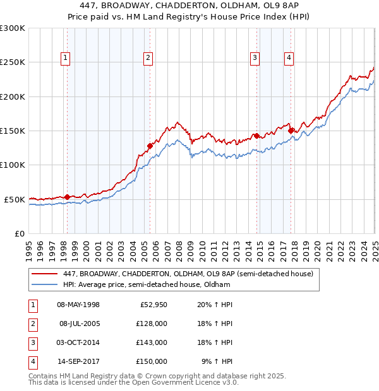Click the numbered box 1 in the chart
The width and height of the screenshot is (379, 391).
pyautogui.click(x=66, y=59)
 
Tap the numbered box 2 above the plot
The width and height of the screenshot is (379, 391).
pyautogui.click(x=148, y=59)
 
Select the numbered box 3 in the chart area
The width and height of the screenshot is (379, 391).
pyautogui.click(x=255, y=59)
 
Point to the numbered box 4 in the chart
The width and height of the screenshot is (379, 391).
pyautogui.click(x=289, y=59)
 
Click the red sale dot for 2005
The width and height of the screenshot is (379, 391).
pyautogui.click(x=150, y=146)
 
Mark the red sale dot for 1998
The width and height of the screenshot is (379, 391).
pyautogui.click(x=67, y=197)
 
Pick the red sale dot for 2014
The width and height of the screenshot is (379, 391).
pyautogui.click(x=256, y=136)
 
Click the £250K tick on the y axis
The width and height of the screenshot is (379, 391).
pyautogui.click(x=13, y=62)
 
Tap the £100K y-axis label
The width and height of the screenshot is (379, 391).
pyautogui.click(x=13, y=165)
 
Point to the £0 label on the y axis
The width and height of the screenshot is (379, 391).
pyautogui.click(x=18, y=233)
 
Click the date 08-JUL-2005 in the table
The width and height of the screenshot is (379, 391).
pyautogui.click(x=79, y=324)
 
